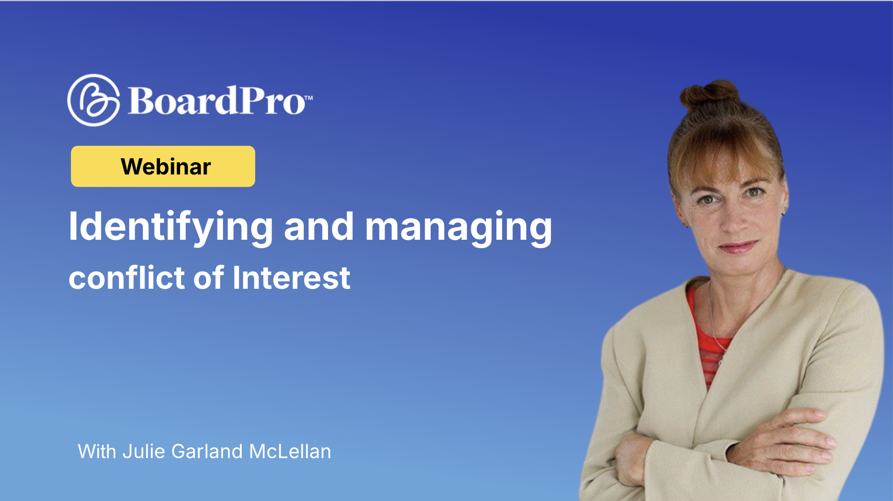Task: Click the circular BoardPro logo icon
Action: click(93, 100)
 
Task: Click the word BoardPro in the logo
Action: click(216, 101)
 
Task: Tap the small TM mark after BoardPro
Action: click(308, 98)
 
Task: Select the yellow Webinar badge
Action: click(163, 167)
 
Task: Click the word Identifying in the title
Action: click(170, 227)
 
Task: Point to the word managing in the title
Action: click(458, 227)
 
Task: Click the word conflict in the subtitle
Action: click(127, 278)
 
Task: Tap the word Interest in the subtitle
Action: click(291, 278)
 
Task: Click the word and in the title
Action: click(319, 227)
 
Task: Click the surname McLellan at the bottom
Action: click(290, 452)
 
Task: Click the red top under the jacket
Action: click(709, 341)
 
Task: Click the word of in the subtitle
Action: click(209, 278)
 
